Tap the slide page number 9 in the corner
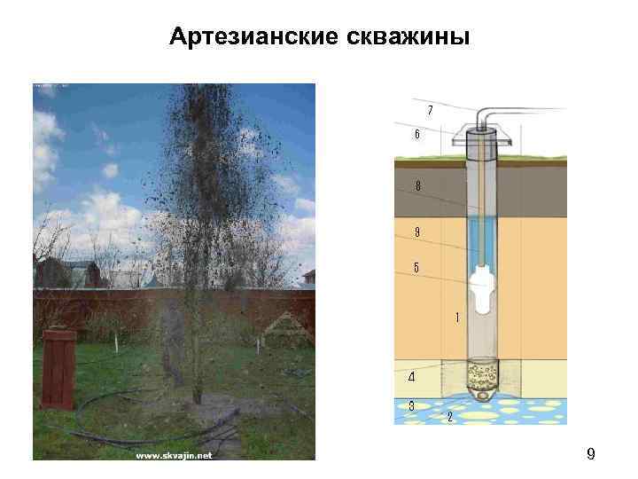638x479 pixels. [x=590, y=455]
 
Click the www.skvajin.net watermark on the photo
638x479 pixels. [x=174, y=456]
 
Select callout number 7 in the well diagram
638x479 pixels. [x=430, y=110]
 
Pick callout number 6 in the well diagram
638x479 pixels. [x=416, y=135]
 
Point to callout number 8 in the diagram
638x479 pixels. [x=417, y=185]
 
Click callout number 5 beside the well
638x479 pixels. [x=416, y=267]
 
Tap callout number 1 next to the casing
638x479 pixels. [x=457, y=316]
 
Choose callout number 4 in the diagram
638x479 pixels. [x=410, y=376]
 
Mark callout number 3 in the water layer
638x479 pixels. [x=412, y=405]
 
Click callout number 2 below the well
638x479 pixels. [x=450, y=416]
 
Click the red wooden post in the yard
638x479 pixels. [x=58, y=368]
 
